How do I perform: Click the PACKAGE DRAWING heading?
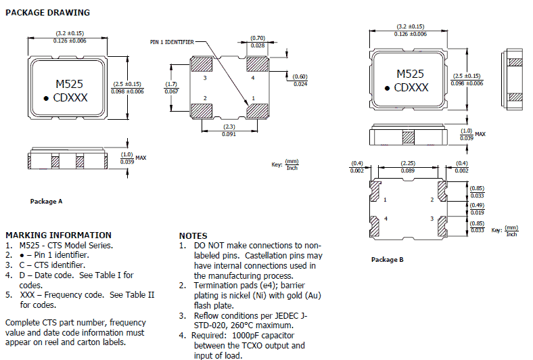click(47, 13)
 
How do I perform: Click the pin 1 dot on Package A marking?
click(46, 99)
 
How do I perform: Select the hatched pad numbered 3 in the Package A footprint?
click(201, 64)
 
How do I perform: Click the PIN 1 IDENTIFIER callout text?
click(172, 42)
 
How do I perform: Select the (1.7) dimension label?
click(171, 84)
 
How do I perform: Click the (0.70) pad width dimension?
click(258, 38)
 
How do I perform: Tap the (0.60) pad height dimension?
click(300, 76)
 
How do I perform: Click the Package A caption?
click(46, 201)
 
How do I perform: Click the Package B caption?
click(387, 259)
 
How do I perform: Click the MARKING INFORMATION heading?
click(58, 235)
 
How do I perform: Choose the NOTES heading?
click(193, 235)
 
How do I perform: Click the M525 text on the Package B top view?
click(411, 74)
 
